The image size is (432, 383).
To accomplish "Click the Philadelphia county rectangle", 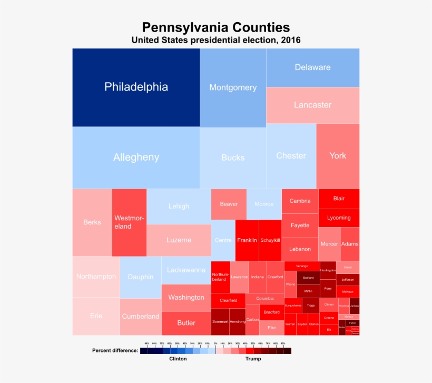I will click(136, 87).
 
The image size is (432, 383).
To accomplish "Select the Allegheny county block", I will click(136, 158).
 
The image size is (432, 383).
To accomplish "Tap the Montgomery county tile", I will click(233, 88).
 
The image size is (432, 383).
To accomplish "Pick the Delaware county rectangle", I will click(312, 67).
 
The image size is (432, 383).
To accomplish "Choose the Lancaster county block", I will click(312, 105).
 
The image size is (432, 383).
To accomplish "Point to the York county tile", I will click(338, 156).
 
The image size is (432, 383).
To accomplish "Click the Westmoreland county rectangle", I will click(129, 222).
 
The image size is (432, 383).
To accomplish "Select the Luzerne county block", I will click(179, 240).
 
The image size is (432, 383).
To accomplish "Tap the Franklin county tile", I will click(247, 240).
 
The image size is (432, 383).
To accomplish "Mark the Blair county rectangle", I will click(339, 199).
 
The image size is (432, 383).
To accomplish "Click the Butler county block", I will click(186, 323).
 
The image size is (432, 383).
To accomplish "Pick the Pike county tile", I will click(271, 328).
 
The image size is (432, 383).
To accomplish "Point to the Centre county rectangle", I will click(223, 240).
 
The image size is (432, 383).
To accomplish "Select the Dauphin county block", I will click(141, 277).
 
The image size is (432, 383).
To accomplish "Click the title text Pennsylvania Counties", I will click(216, 27).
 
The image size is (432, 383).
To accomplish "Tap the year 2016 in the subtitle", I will click(291, 41).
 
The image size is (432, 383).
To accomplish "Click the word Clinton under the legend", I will click(178, 359).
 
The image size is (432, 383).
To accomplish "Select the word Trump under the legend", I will click(253, 359).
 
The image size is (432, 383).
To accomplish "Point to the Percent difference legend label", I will click(115, 350).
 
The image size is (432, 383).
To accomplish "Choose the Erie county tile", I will click(96, 316).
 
